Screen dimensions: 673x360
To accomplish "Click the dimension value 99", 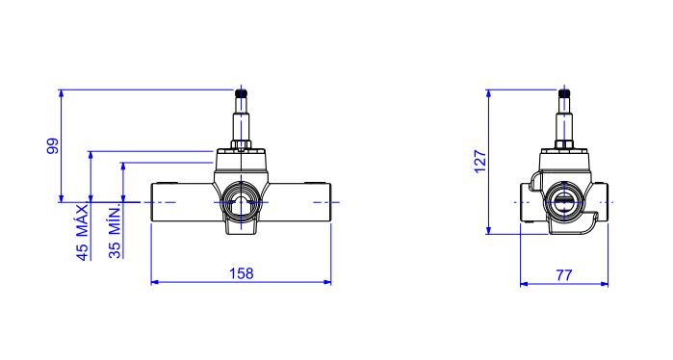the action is click(x=52, y=146).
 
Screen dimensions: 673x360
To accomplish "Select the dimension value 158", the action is click(x=242, y=273).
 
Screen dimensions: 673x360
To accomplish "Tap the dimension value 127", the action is click(x=479, y=162).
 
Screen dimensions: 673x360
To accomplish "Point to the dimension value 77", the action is click(x=564, y=275).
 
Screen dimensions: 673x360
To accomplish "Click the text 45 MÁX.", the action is click(x=83, y=232).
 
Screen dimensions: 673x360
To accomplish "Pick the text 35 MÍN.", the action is click(x=115, y=232).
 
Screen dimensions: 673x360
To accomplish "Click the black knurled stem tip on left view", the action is click(x=242, y=93).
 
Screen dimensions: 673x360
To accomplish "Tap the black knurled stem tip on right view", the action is click(x=564, y=93).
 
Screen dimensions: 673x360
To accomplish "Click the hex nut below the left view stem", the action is click(x=242, y=144).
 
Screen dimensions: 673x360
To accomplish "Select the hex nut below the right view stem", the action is click(x=564, y=144).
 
